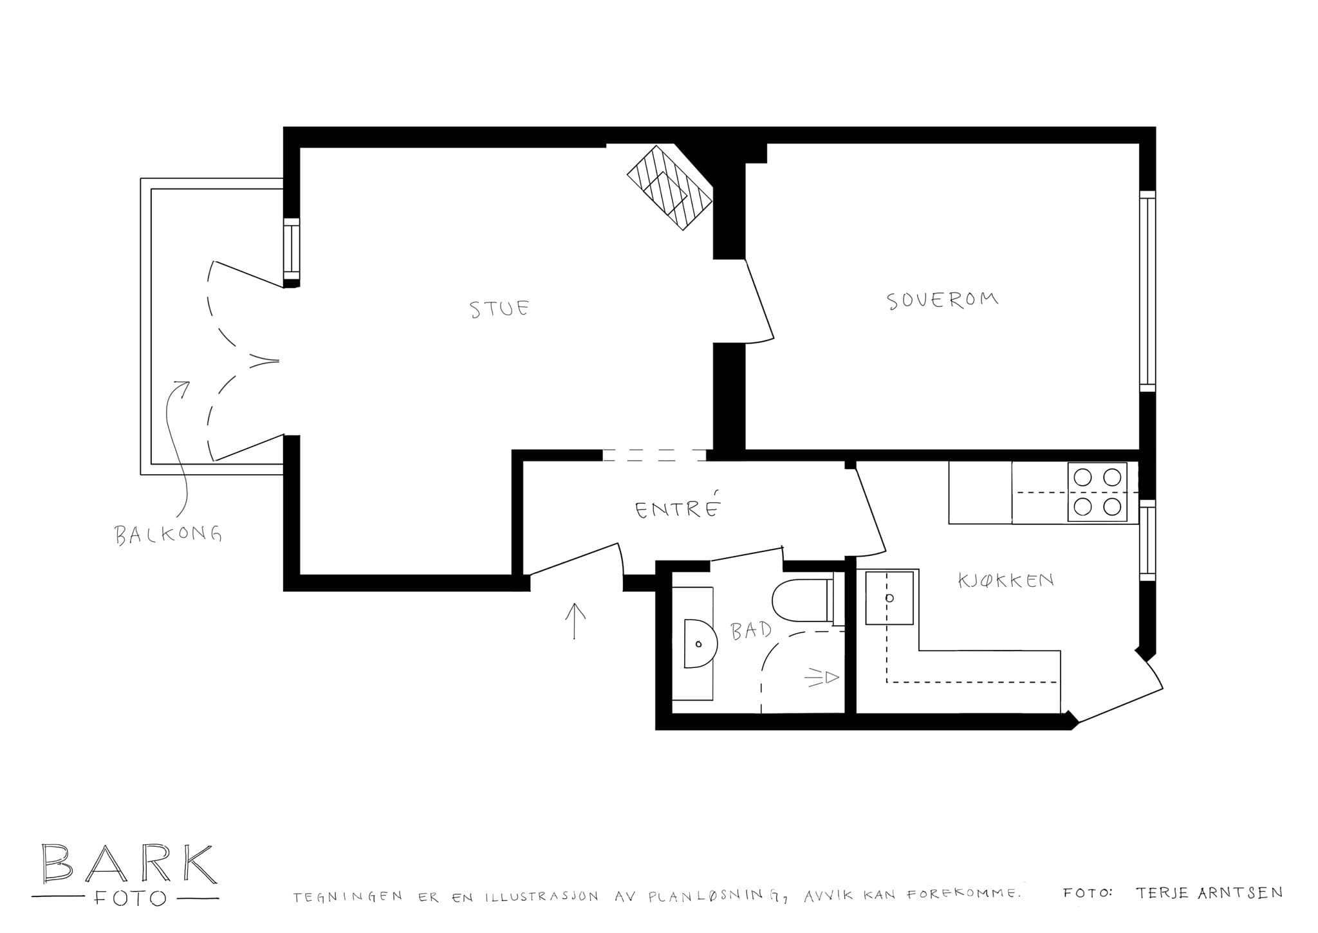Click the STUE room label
pos(499,309)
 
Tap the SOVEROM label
pos(943,300)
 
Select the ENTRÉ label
pos(677,508)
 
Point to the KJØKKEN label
pos(1006,580)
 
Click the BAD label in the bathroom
pos(751,631)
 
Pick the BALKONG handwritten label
pos(169,534)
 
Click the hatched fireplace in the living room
pos(671,187)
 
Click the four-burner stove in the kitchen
pos(1097,492)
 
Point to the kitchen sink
pos(889,598)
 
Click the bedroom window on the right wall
pos(1147,290)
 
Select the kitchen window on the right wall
pos(1147,540)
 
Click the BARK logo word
pos(126,864)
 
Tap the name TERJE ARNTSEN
pos(1209,893)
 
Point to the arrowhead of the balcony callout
pos(183,388)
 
